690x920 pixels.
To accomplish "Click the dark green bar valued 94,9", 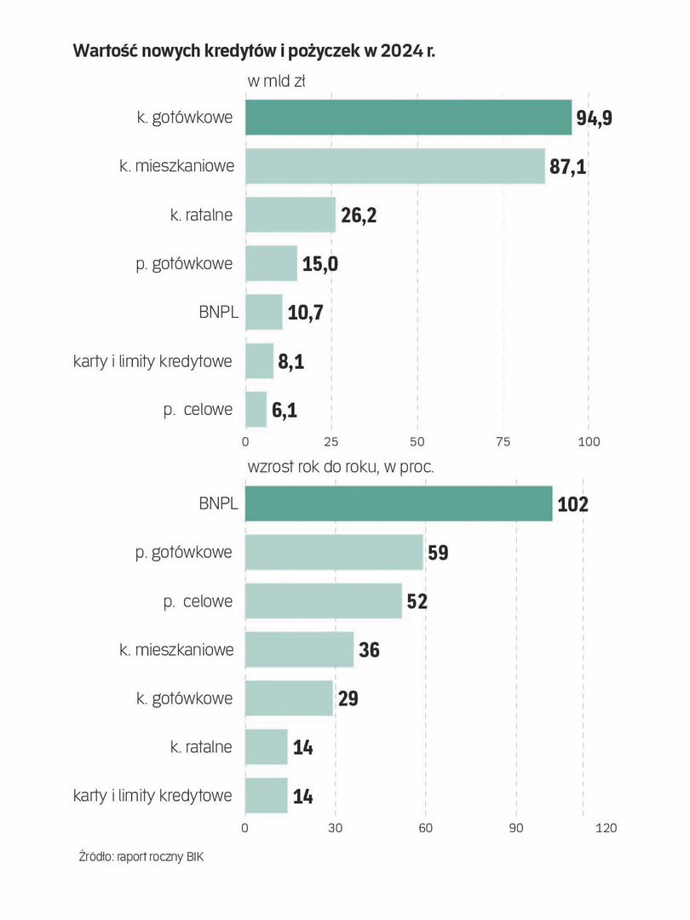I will [408, 118].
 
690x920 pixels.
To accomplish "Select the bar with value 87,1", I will [394, 166].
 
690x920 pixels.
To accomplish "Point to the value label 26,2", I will [358, 215].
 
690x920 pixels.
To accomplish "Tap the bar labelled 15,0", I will [271, 263].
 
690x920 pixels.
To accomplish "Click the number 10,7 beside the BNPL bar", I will [306, 313].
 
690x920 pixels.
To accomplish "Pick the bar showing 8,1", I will [259, 361].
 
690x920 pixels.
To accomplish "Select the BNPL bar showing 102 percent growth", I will [398, 503].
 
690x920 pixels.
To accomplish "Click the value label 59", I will [438, 553].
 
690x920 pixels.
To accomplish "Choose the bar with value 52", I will [323, 601].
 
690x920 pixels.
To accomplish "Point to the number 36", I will [369, 650].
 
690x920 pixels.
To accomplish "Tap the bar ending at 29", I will [289, 699].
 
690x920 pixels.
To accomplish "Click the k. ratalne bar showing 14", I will [266, 747].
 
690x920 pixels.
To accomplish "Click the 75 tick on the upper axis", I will [503, 442].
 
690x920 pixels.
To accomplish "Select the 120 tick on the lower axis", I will [606, 827].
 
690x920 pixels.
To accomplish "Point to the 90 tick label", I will [515, 827].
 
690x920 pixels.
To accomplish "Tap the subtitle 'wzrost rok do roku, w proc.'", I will [341, 467].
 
